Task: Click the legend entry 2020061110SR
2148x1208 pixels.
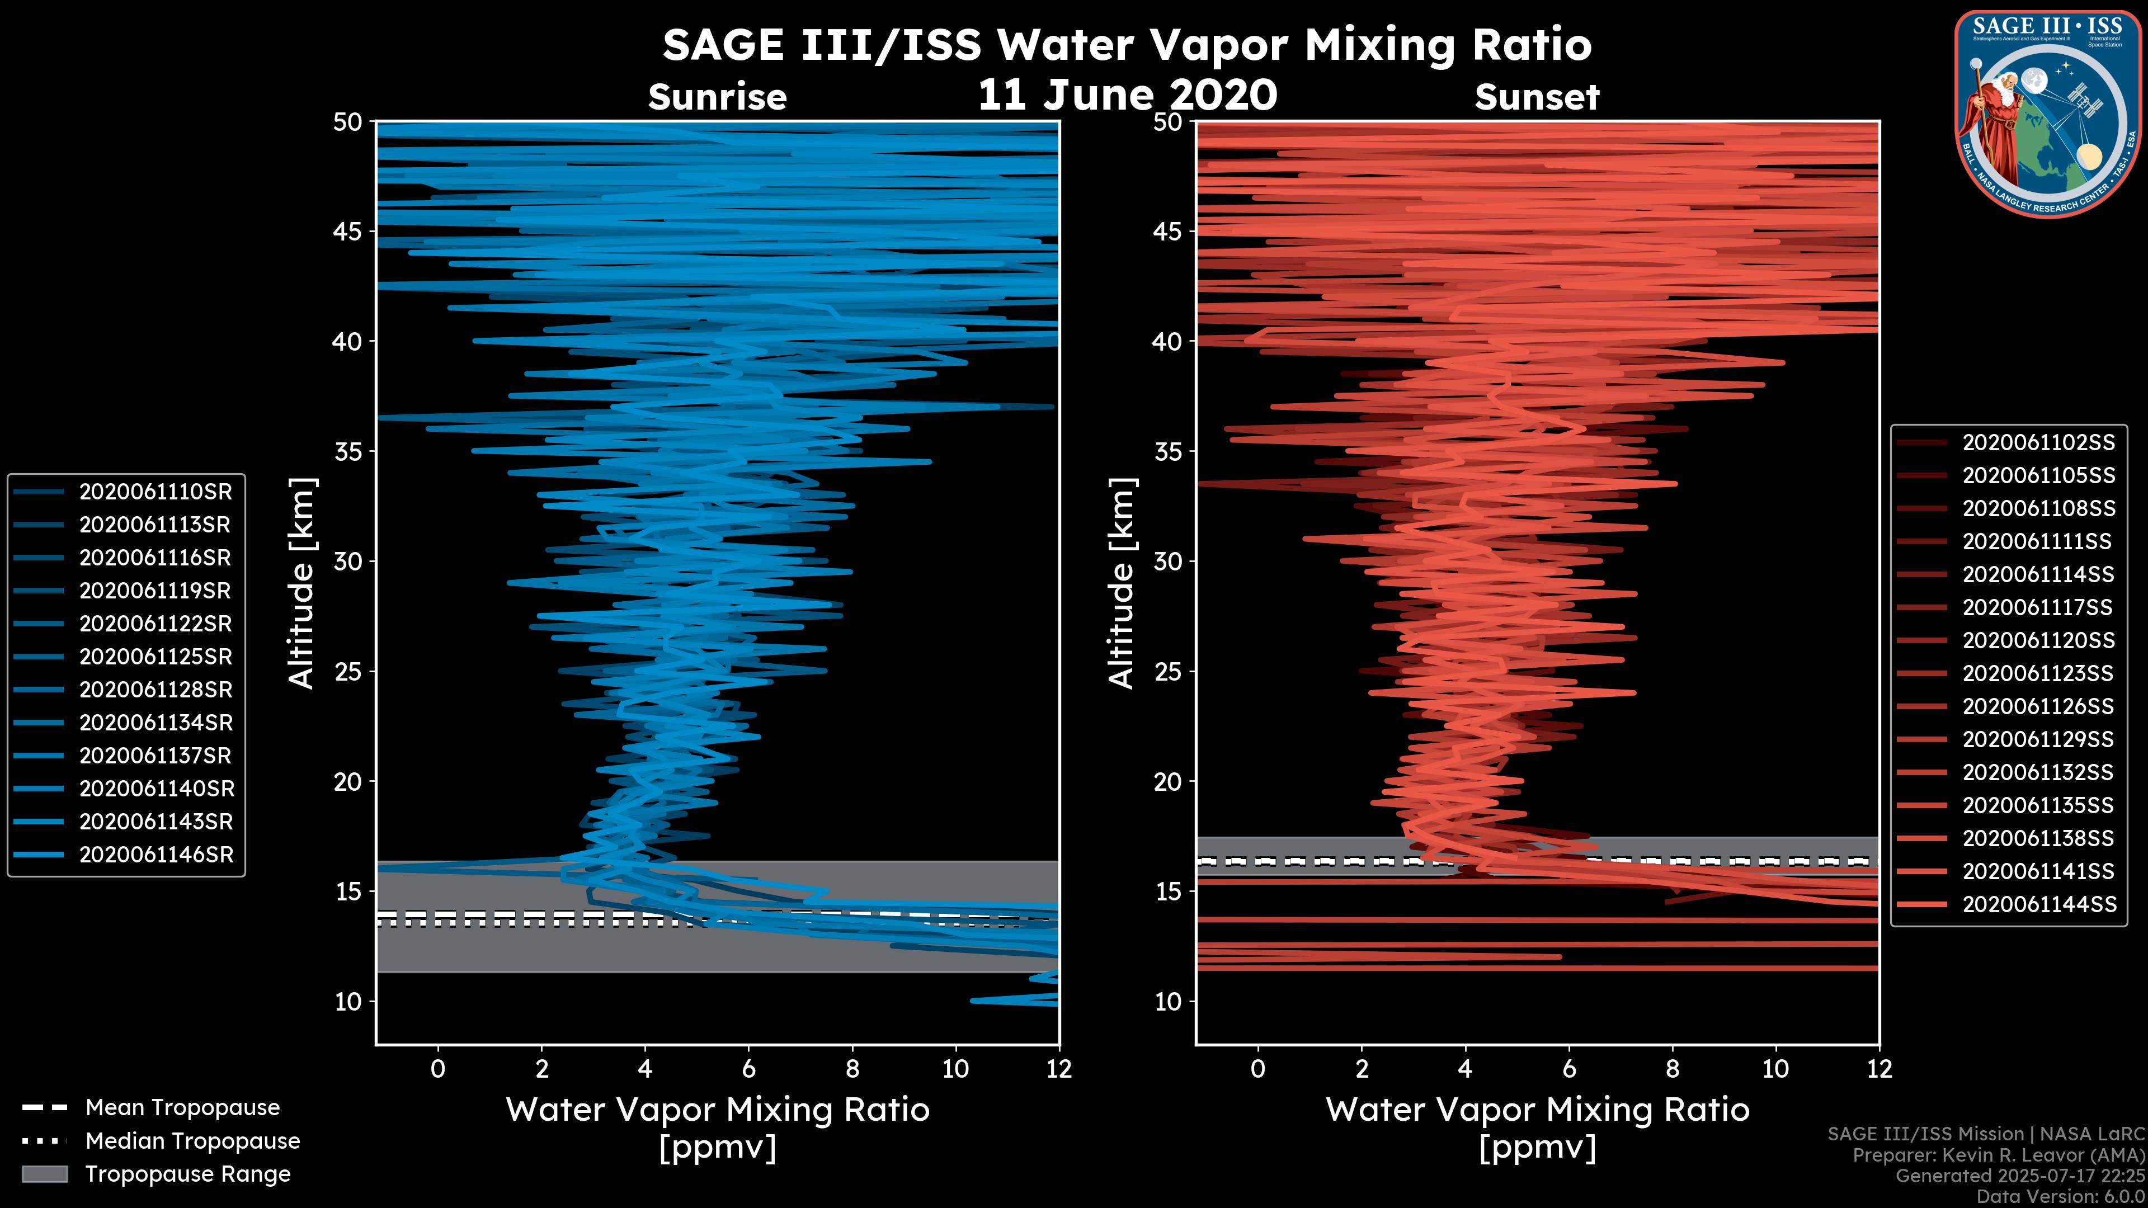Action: [155, 492]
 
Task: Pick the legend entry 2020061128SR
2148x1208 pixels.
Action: [155, 690]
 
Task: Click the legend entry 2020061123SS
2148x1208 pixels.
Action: [2038, 673]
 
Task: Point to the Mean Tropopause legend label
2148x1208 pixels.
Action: [182, 1107]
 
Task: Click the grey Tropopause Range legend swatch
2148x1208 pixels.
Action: [44, 1174]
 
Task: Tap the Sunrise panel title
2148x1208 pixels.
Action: [717, 97]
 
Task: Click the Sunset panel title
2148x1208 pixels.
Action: [1536, 97]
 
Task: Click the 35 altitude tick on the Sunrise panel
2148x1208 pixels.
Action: [348, 451]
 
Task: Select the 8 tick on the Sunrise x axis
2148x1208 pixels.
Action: [851, 1069]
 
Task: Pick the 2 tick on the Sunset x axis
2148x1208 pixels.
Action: [1362, 1069]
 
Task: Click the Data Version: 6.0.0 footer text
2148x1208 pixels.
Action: [2061, 1196]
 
